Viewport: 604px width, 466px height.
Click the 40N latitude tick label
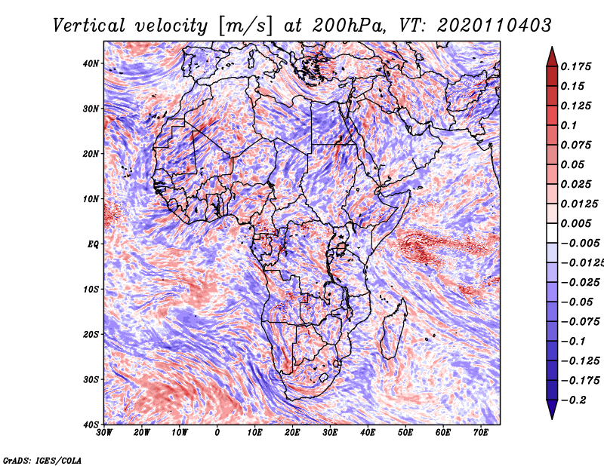coord(91,63)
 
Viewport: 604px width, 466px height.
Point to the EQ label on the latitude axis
coord(93,244)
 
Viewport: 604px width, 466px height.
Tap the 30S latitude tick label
coord(91,379)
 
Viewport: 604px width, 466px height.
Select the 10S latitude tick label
coord(91,290)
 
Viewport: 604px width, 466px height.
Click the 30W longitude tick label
coord(104,433)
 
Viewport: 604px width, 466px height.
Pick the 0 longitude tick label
coord(217,433)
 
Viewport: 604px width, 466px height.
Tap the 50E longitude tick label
coord(405,433)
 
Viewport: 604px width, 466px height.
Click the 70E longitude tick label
coord(480,433)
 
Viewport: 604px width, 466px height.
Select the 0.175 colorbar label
coord(575,66)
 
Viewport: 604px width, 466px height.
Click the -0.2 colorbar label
coord(573,400)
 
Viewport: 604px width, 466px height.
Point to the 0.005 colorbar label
coord(575,223)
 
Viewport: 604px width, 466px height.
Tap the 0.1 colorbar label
coord(569,125)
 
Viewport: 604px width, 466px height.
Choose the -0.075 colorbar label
coord(580,322)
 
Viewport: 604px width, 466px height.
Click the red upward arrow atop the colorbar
coord(552,57)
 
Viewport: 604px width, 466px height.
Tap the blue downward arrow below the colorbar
coord(552,409)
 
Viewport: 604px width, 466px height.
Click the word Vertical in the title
coord(89,26)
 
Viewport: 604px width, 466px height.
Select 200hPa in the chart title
coord(349,26)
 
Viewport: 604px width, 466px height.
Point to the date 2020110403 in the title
coord(495,26)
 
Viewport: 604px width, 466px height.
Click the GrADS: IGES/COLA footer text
coord(42,461)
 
